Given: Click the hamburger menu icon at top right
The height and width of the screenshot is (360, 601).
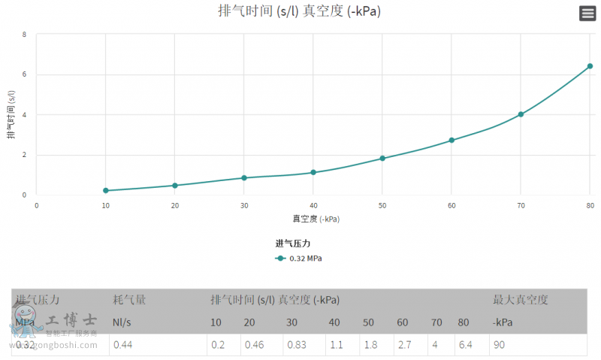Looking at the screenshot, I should (x=587, y=14).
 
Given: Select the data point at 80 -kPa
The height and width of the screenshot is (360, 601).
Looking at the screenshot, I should (x=590, y=66).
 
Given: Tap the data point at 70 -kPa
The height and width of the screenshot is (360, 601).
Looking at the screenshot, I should (x=521, y=114).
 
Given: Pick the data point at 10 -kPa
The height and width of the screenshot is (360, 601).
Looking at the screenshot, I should (x=106, y=191).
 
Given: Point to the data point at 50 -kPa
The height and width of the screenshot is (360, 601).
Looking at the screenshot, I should (x=382, y=159).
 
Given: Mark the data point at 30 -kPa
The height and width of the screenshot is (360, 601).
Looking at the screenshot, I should (x=244, y=178).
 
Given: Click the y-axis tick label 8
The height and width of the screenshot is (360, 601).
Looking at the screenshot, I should (x=25, y=35).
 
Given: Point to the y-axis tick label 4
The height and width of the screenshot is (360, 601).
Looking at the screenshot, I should (x=25, y=115).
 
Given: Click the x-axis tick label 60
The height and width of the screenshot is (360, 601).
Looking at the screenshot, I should (x=452, y=205).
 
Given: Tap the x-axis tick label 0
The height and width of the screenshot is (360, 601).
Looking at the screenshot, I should (x=36, y=205).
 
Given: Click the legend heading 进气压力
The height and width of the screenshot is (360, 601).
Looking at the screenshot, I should (x=293, y=244).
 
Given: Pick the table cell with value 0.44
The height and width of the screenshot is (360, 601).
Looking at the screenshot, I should (x=122, y=345).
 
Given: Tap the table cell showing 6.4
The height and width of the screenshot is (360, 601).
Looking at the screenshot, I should (x=464, y=345).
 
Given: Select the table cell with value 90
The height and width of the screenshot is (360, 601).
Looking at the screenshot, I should (x=499, y=345).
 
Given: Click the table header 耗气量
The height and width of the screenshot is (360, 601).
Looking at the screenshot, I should (x=129, y=300).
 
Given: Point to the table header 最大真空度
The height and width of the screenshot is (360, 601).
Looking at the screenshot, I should (x=521, y=300).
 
